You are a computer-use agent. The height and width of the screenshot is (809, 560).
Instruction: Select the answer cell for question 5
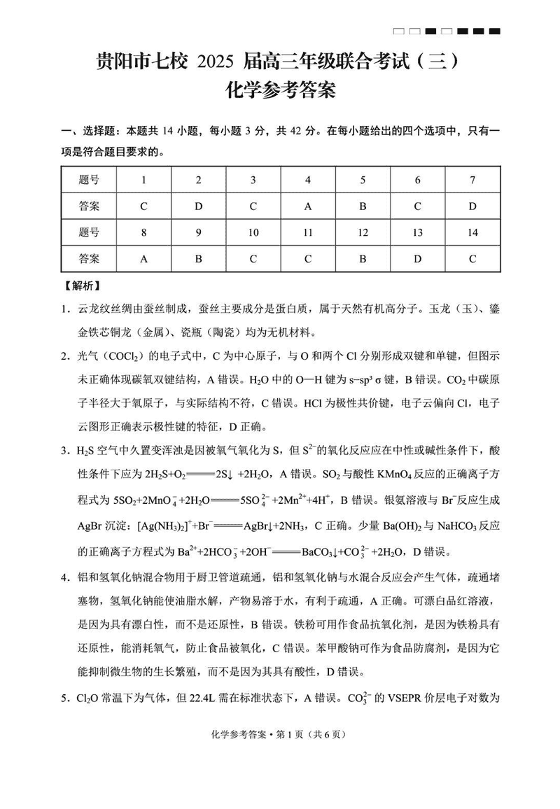[x=363, y=206]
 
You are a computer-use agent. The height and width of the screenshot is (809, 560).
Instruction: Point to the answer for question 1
[x=143, y=206]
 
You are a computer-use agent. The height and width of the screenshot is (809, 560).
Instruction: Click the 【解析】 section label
[x=82, y=286]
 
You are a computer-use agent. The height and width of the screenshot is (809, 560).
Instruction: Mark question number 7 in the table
[x=472, y=180]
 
